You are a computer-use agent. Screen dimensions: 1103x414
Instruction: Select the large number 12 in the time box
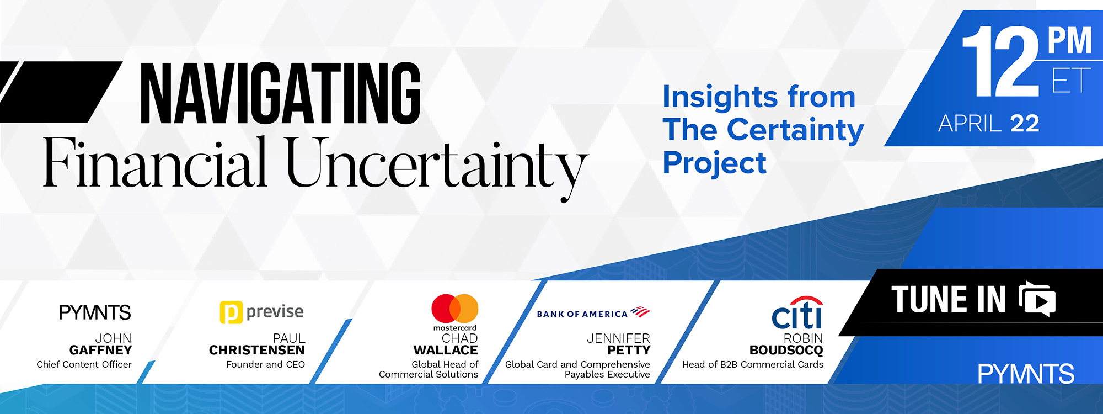[1001, 62]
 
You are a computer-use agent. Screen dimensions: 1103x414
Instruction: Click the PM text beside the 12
[1070, 40]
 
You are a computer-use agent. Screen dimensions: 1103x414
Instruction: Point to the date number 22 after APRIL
[1025, 124]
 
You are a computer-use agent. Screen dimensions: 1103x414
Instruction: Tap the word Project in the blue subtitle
[715, 164]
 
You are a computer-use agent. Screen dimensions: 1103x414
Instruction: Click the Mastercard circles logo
[455, 309]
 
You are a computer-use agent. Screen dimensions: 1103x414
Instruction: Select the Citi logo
[797, 312]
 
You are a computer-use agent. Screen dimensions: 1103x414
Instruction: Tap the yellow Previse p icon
[231, 312]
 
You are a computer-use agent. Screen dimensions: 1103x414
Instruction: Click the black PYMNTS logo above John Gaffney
[95, 312]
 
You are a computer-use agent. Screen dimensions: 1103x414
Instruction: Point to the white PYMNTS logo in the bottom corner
[1026, 374]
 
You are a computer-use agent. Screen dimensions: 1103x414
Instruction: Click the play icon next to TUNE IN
[1037, 299]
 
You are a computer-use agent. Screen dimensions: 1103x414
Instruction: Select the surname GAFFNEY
[101, 350]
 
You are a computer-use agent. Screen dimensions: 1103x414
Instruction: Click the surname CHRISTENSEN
[257, 350]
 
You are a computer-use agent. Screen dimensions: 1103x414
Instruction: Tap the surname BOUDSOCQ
[786, 350]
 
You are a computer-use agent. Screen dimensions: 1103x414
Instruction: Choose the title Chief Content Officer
[84, 364]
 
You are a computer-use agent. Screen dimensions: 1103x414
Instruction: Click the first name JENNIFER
[618, 338]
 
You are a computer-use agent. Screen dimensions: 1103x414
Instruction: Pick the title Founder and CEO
[265, 364]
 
